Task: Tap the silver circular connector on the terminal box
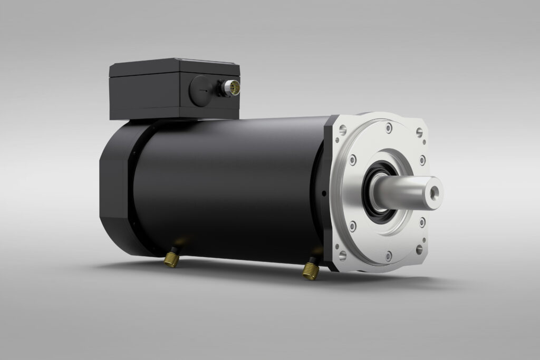click(232, 87)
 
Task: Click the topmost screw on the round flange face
click(388, 128)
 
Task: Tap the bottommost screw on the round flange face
click(389, 256)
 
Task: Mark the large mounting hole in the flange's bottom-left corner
click(343, 255)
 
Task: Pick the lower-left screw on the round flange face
click(353, 226)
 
